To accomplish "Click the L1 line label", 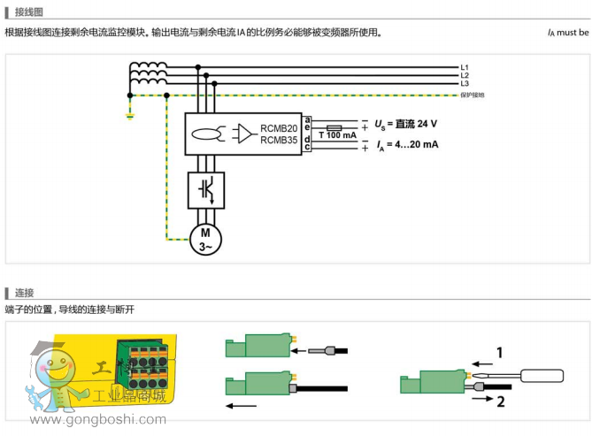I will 465,67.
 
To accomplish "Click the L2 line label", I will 465,75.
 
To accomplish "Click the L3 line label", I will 465,83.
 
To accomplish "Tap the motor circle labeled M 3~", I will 205,238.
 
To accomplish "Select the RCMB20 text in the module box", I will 279,128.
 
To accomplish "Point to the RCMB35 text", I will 279,140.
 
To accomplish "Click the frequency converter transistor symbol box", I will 205,188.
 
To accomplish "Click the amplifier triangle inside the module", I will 243,134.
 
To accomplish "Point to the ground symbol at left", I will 130,113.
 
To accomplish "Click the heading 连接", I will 24,293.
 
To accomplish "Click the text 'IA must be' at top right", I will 567,33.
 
